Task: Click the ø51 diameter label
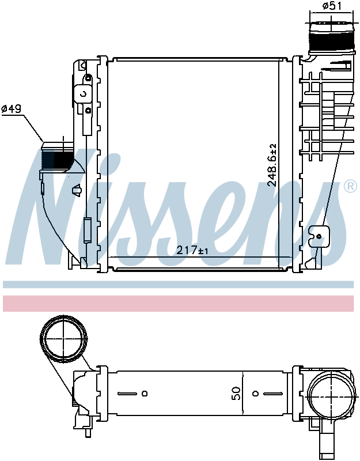tap(332, 6)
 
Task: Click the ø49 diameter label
tap(12, 109)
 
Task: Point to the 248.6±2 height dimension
tap(272, 165)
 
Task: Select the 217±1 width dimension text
tap(192, 250)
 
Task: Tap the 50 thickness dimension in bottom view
tap(236, 393)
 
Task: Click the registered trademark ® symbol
tap(350, 186)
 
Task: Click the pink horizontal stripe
tap(178, 303)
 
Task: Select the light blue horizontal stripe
tap(178, 284)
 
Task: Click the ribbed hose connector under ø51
tap(331, 37)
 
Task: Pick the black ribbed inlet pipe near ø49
tap(57, 157)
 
